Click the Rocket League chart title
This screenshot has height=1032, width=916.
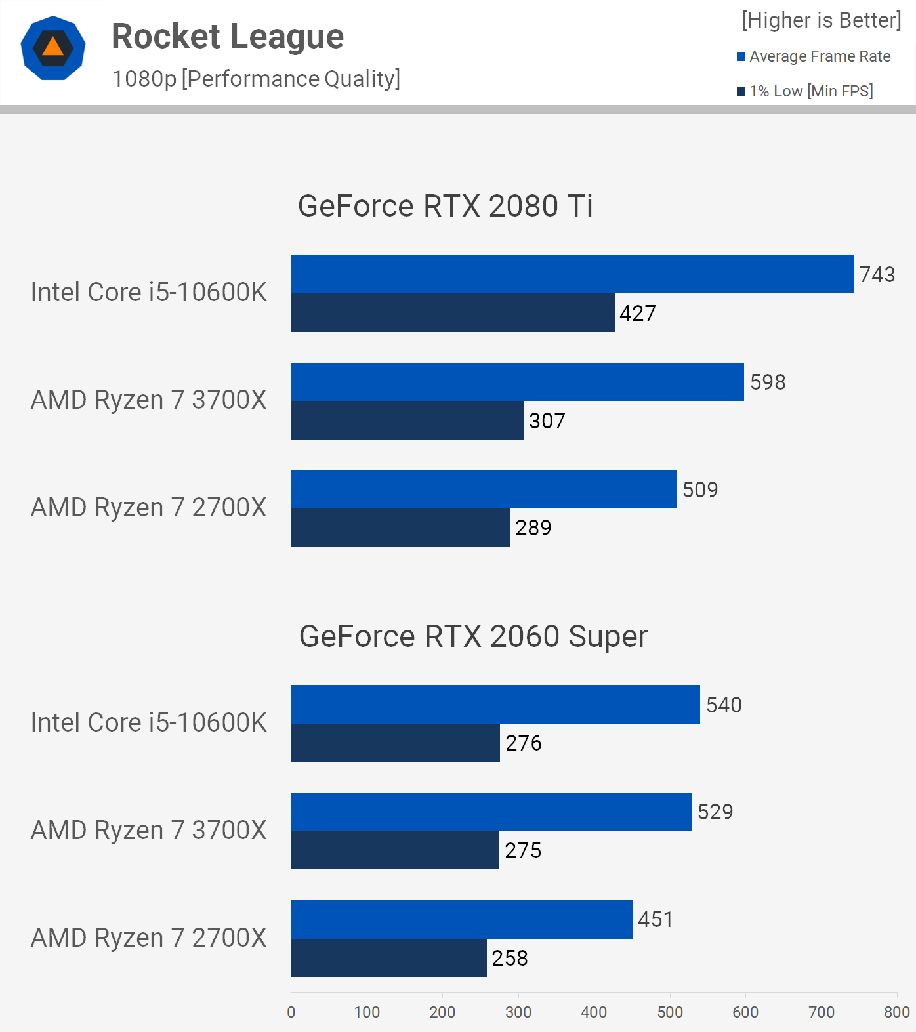pos(228,37)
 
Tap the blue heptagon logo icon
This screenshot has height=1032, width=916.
pos(53,48)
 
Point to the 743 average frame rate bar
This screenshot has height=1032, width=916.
pos(572,274)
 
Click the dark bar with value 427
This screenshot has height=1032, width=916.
pos(453,313)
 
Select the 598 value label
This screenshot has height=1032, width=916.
pos(768,382)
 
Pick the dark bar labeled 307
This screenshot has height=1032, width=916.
pos(407,421)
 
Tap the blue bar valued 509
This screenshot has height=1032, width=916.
pos(484,489)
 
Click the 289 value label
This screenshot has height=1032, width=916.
pos(533,527)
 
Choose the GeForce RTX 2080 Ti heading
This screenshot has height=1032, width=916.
pos(445,206)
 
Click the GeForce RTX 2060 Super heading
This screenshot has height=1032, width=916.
pos(473,636)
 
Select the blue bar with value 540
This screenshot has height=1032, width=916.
pos(495,705)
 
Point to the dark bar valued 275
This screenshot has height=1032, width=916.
pos(395,850)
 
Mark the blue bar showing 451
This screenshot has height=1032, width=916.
pos(462,919)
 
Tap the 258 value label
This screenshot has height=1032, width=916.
pos(510,958)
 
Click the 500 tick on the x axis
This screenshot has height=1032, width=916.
pos(670,1012)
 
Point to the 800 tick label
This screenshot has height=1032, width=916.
pos(896,1012)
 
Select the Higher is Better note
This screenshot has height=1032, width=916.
pos(822,20)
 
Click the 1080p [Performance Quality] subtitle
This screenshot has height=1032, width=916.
pos(256,79)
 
